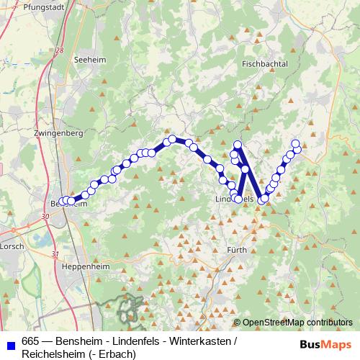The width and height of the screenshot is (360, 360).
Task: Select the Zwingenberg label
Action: [58, 133]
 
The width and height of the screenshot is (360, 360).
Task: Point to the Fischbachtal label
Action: [265, 64]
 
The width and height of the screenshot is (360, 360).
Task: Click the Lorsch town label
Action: [12, 246]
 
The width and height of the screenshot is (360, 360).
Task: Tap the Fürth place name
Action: [237, 250]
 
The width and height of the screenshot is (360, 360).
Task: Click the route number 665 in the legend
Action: [31, 341]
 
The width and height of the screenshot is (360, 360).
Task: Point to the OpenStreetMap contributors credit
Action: [297, 322]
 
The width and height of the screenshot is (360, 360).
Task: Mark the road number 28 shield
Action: [59, 51]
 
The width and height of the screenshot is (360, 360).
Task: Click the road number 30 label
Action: [46, 215]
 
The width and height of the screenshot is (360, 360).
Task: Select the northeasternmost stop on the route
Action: [295, 143]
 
